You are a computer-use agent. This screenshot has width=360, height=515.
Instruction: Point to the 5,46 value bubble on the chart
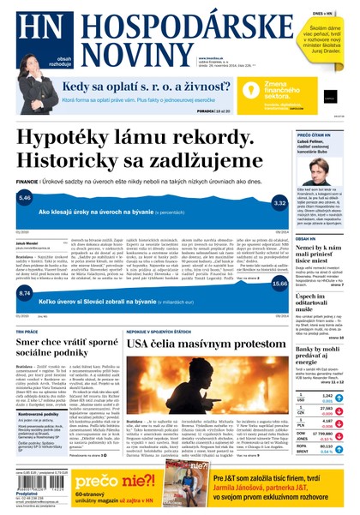(24, 198)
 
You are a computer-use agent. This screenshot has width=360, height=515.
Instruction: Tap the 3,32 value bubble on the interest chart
(279, 204)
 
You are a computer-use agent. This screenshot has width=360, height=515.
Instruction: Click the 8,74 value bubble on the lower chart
(24, 293)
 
